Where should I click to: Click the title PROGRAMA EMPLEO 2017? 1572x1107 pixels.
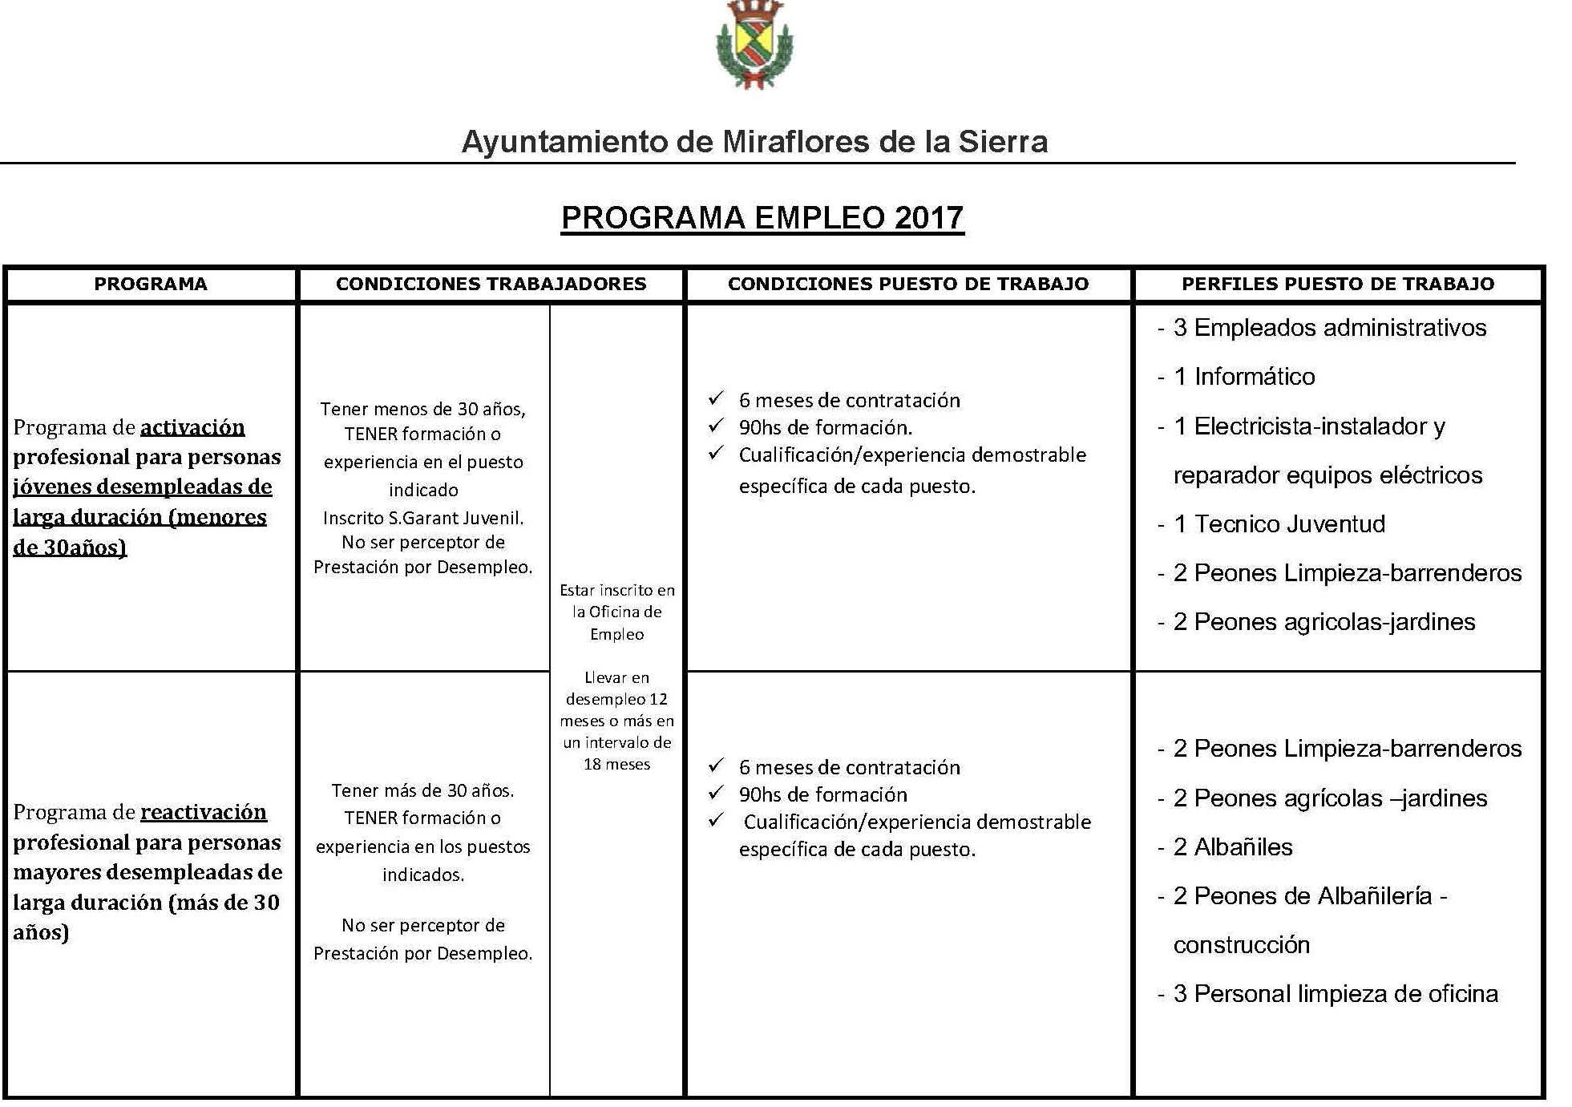(x=762, y=218)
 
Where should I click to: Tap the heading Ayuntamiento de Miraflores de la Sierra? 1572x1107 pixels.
(x=754, y=142)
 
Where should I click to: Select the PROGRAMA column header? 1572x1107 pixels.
(x=151, y=284)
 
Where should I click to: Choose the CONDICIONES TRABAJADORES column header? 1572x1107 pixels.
(x=491, y=284)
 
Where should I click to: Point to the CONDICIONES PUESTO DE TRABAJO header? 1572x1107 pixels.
(x=908, y=284)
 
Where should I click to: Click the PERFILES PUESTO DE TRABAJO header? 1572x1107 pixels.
(x=1338, y=284)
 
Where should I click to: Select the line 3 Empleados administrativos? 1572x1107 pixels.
(x=1329, y=328)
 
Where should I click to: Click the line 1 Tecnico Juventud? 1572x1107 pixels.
(x=1279, y=524)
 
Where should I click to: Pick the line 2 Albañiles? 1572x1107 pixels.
(x=1232, y=847)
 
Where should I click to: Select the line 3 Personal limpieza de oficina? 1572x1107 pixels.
(x=1335, y=994)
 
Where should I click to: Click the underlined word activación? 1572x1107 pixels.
(x=192, y=427)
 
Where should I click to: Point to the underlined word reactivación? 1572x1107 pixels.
(x=204, y=812)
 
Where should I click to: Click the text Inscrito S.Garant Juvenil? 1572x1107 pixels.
(x=423, y=518)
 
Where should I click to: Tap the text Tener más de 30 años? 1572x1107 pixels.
(x=423, y=790)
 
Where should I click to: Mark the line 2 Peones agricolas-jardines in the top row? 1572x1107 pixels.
(x=1323, y=622)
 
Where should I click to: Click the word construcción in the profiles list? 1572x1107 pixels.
(x=1241, y=945)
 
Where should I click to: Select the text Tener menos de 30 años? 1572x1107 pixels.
(x=423, y=409)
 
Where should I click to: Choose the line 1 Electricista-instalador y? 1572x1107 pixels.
(x=1308, y=426)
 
